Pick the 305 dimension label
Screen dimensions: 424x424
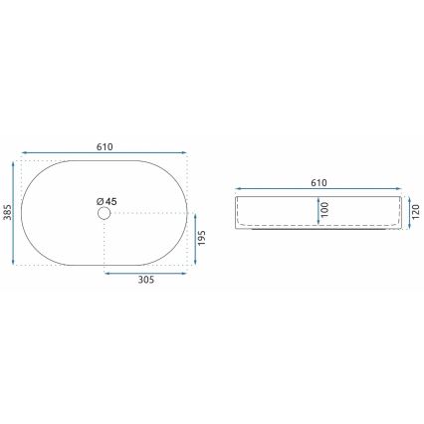point(145,282)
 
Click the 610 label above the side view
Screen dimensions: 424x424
point(319,184)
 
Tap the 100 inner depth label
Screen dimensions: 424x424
point(322,210)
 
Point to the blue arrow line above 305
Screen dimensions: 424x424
point(145,272)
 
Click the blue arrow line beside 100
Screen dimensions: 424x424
point(314,211)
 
